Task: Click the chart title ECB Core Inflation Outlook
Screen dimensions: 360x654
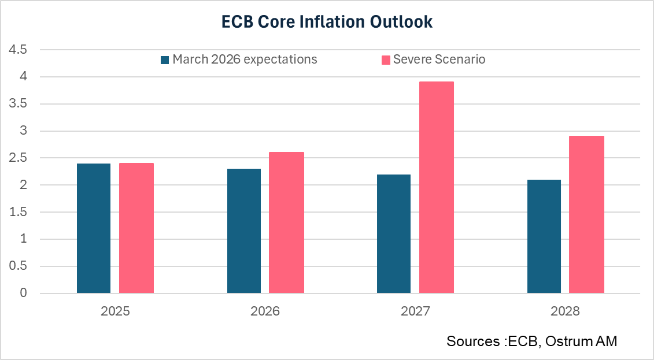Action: pyautogui.click(x=327, y=23)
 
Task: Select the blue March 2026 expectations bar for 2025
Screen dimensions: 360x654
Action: pyautogui.click(x=94, y=228)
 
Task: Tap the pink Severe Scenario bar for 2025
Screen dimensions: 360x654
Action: pyautogui.click(x=136, y=228)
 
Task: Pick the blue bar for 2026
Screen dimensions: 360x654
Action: pyautogui.click(x=243, y=231)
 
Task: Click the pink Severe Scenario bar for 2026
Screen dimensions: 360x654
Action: pyautogui.click(x=286, y=222)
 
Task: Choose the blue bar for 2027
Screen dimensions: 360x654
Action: pyautogui.click(x=394, y=234)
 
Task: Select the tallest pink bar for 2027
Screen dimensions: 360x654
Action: pyautogui.click(x=437, y=188)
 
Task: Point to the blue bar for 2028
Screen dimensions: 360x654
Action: pyautogui.click(x=544, y=236)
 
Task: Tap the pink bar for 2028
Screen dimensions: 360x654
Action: pyautogui.click(x=586, y=214)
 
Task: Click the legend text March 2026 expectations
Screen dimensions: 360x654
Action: pyautogui.click(x=245, y=60)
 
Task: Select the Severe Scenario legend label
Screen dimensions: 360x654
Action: pyautogui.click(x=439, y=60)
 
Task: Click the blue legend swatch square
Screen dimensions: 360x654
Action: pyautogui.click(x=165, y=60)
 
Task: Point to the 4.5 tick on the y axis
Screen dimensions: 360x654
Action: pyautogui.click(x=17, y=50)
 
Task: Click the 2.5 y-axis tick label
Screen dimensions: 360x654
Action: pyautogui.click(x=17, y=158)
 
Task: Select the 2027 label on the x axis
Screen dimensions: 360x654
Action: pyautogui.click(x=415, y=311)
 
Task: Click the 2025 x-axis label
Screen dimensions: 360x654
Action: pyautogui.click(x=115, y=311)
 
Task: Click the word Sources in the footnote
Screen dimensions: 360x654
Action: pyautogui.click(x=470, y=342)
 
